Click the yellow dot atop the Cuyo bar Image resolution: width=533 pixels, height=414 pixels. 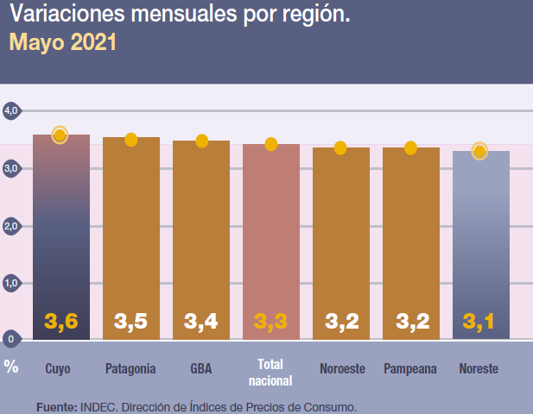60,135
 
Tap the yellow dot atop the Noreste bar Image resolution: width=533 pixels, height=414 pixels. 480,152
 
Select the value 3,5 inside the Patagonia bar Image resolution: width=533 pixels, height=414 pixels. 130,322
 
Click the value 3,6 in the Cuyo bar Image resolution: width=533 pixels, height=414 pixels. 61,322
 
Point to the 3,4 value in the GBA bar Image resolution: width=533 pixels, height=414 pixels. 200,322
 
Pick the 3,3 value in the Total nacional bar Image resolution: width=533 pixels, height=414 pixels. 270,322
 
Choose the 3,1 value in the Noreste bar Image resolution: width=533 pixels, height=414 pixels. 479,322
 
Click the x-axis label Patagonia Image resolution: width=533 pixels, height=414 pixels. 130,368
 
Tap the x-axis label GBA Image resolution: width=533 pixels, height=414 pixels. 200,368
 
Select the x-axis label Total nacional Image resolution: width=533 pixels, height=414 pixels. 270,372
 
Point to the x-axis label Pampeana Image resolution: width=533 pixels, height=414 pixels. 409,368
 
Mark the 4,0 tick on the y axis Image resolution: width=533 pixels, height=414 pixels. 11,110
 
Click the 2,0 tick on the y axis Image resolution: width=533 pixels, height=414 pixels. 11,226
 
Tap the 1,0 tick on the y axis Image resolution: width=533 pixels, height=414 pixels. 11,283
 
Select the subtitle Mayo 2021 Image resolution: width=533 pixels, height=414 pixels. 62,41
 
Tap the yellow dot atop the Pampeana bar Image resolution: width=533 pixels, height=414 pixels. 410,148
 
